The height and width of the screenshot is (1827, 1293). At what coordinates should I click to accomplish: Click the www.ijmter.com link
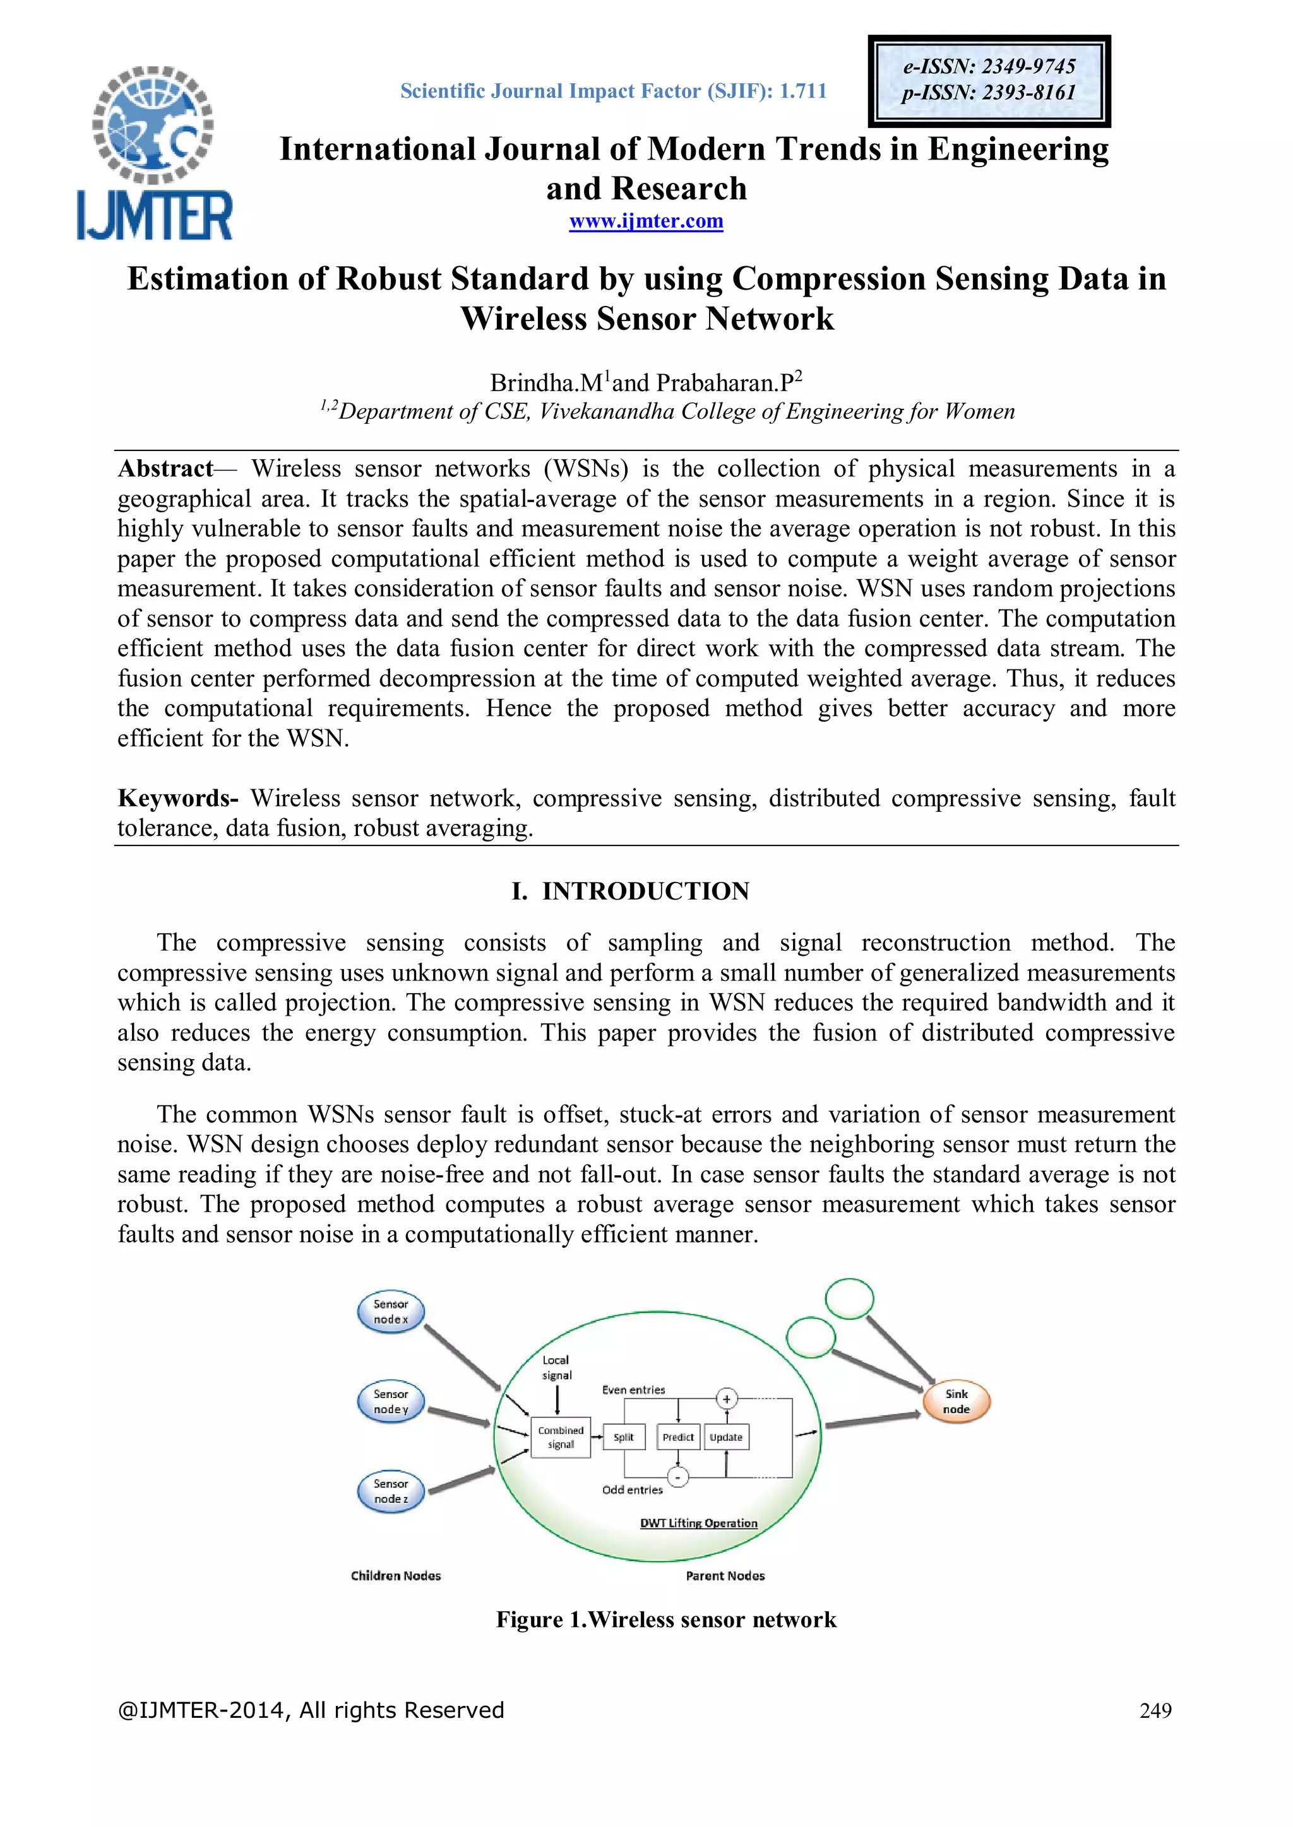(646, 221)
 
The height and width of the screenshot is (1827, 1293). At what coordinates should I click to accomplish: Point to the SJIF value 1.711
(802, 91)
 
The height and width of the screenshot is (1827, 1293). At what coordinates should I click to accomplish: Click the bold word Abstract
(165, 469)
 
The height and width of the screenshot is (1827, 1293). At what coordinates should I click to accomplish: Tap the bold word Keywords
(177, 798)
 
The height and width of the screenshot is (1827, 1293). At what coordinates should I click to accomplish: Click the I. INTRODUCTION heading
(630, 891)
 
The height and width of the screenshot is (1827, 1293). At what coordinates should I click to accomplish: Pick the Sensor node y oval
(391, 1401)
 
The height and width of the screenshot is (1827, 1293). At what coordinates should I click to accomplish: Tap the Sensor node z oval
(391, 1491)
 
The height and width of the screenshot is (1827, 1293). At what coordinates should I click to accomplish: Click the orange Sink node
(956, 1401)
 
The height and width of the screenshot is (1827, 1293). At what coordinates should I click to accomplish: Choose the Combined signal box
(561, 1437)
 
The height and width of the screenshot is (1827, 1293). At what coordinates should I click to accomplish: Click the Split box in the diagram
(623, 1437)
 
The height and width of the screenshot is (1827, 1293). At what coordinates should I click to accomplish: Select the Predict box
(677, 1437)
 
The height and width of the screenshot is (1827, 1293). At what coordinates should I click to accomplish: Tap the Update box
(726, 1437)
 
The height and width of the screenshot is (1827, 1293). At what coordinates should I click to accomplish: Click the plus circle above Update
(726, 1399)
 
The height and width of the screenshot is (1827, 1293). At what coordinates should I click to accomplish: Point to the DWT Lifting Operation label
(698, 1523)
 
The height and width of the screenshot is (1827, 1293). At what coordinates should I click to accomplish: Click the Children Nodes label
(396, 1575)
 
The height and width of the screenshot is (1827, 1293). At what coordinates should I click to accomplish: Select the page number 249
(1155, 1710)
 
